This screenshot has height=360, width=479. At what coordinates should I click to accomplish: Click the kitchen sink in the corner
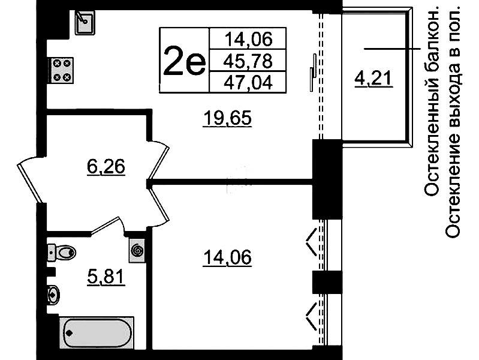click(85, 22)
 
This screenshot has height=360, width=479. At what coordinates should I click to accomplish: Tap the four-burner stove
click(61, 70)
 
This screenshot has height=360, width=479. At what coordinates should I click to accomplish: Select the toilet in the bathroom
click(61, 253)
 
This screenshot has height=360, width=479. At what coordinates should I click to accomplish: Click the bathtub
click(97, 333)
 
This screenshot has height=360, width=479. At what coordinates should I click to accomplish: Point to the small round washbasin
click(53, 295)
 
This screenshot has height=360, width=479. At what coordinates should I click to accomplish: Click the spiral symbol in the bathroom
click(137, 251)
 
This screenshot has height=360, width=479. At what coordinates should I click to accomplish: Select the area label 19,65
click(228, 118)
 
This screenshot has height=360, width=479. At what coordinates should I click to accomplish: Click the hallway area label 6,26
click(106, 167)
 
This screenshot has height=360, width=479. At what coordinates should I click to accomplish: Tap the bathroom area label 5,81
click(106, 277)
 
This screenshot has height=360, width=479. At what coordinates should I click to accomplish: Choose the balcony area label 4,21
click(373, 79)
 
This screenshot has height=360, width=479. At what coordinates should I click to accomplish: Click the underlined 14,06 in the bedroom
click(227, 257)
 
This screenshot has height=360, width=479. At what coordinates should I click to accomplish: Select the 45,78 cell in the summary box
click(248, 61)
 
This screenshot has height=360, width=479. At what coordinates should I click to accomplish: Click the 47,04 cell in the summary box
click(248, 82)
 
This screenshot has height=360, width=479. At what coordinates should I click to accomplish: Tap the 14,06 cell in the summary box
click(248, 39)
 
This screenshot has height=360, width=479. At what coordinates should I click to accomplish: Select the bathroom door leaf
click(106, 226)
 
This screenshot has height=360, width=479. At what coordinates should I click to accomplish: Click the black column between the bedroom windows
click(327, 282)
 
